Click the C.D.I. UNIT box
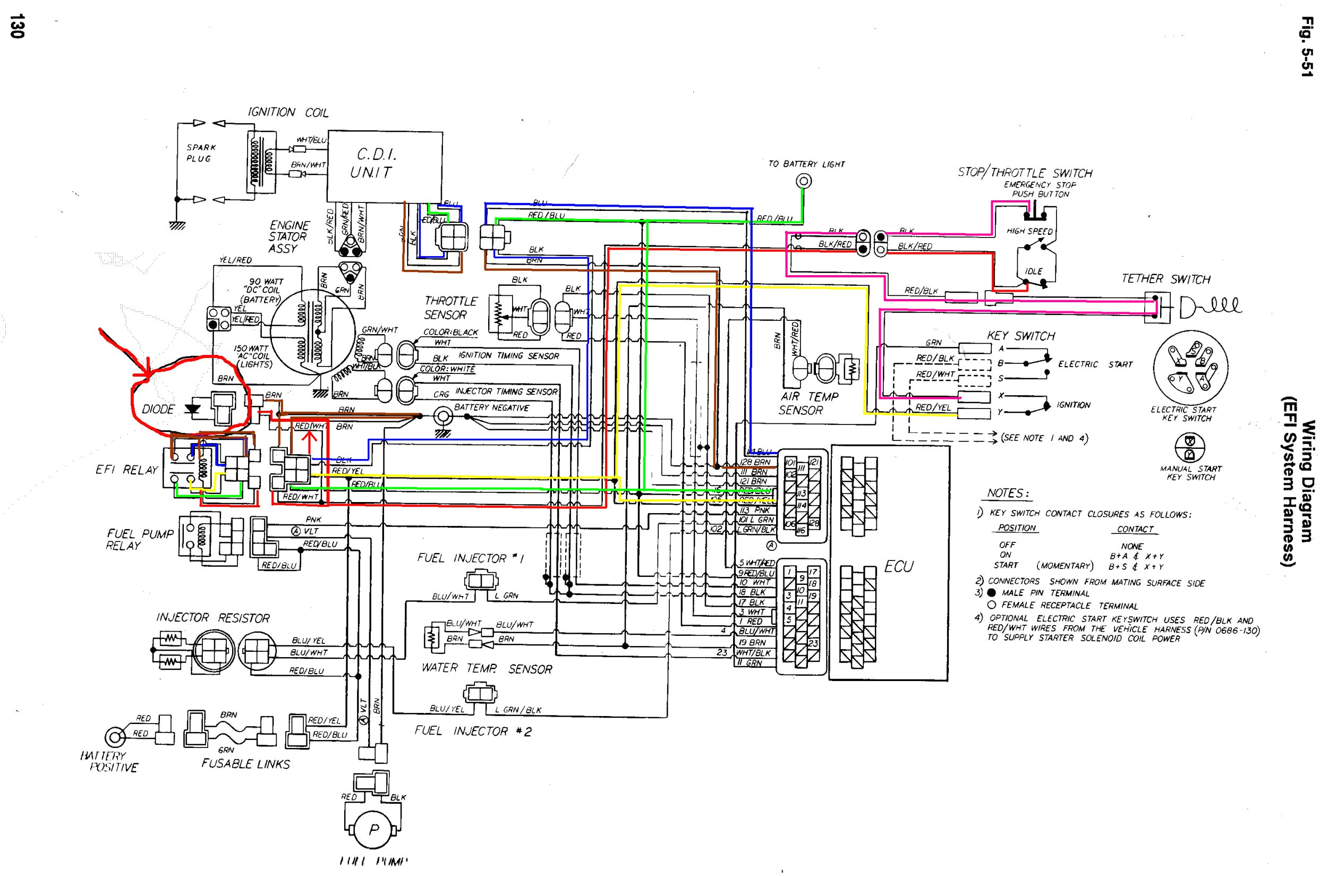[385, 166]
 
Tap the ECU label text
[898, 566]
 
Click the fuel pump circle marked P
[374, 829]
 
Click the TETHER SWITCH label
[1165, 279]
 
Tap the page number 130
[16, 26]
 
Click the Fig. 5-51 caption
[1307, 54]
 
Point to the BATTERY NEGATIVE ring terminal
[444, 416]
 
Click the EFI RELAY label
[127, 470]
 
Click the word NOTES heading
[1005, 494]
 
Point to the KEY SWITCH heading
[1021, 336]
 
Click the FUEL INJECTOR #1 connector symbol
[479, 580]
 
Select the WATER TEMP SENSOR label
[487, 669]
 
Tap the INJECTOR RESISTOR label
[213, 618]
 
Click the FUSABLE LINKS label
[246, 764]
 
